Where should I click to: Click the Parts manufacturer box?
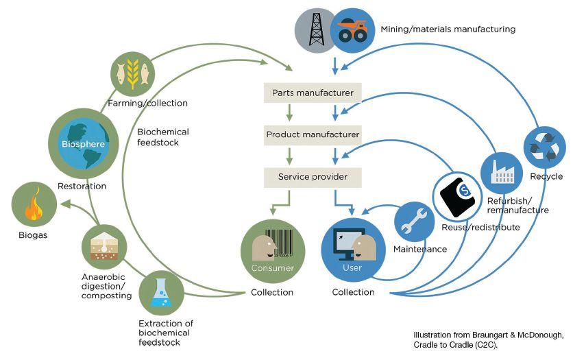coord(313,93)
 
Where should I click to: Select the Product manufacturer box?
coord(313,134)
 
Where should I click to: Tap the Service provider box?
coord(313,177)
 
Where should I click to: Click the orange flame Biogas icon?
coord(34,204)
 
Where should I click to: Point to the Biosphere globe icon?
coord(84,144)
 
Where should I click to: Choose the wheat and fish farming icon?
coord(133,74)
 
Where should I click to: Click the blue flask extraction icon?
coord(162,293)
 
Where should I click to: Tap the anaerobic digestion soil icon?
coord(104,247)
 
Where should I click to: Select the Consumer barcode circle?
coord(273,251)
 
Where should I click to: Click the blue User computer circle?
coord(353,251)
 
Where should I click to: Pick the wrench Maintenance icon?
coord(414,222)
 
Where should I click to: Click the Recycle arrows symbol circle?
coord(544,147)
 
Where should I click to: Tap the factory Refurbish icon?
coord(501,173)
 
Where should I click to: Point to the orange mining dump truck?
coord(353,31)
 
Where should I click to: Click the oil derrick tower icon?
coord(317,30)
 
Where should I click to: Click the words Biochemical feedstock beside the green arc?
coord(163,137)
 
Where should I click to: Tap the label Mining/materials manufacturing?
coord(448,29)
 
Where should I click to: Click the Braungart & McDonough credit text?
coord(489,340)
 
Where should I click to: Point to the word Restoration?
coord(82,186)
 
